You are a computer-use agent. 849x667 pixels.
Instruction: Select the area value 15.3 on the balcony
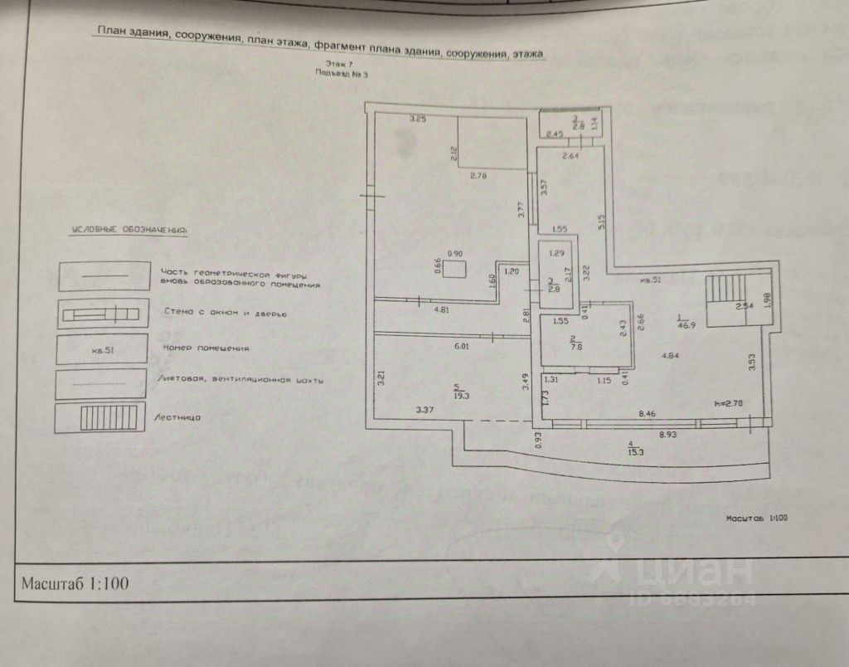pos(635,451)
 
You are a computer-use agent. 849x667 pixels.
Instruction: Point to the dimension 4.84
pos(671,357)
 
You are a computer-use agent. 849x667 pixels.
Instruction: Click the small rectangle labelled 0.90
pos(454,269)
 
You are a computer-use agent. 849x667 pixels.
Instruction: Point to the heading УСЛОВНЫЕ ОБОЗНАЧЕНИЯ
pos(129,229)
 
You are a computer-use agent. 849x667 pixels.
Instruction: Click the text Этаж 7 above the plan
pos(339,64)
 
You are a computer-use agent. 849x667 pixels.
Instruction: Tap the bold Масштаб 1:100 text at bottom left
pos(75,582)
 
